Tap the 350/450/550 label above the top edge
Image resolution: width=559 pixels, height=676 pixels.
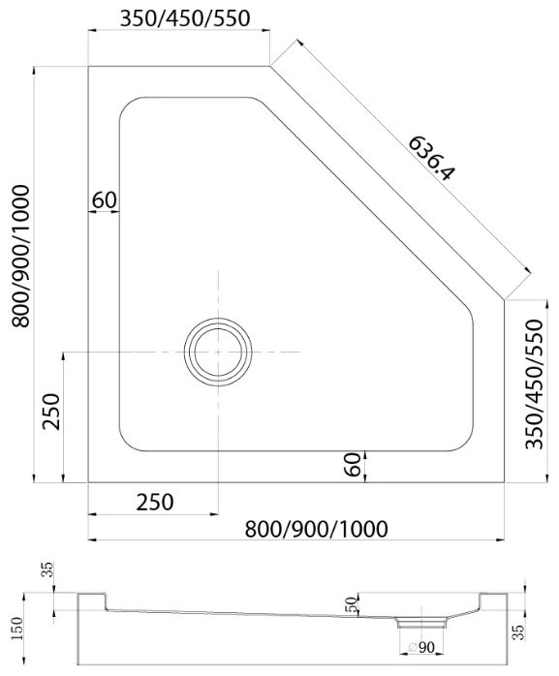[x=185, y=18]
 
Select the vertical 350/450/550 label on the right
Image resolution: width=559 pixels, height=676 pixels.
[x=534, y=384]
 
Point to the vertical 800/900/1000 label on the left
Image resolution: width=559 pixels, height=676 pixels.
[x=20, y=256]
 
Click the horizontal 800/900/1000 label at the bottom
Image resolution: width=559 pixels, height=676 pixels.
[x=316, y=529]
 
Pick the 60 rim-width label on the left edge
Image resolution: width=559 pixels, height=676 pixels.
[x=105, y=200]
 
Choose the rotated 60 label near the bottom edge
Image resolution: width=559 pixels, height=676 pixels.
[x=354, y=464]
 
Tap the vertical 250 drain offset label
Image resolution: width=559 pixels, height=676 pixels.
[x=51, y=412]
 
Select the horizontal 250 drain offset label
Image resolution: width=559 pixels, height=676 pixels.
[x=155, y=503]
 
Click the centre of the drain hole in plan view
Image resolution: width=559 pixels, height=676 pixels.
[x=218, y=352]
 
